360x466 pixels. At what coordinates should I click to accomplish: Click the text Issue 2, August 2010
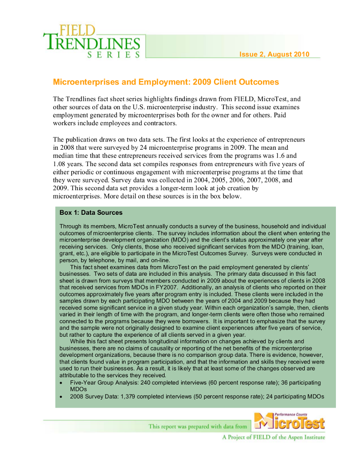click(x=274, y=55)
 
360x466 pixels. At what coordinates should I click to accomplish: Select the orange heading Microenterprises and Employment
click(x=166, y=82)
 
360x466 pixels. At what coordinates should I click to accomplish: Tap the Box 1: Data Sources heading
click(x=91, y=213)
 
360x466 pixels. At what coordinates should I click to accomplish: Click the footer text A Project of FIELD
click(x=274, y=437)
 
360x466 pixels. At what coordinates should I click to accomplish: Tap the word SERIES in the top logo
click(x=113, y=55)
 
